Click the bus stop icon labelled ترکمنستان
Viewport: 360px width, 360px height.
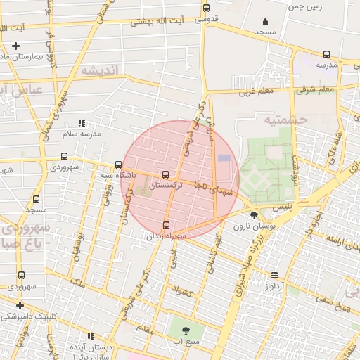tap(166, 174)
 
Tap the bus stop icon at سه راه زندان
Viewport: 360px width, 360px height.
tap(166, 225)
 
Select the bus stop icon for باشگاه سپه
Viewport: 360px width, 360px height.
tap(117, 165)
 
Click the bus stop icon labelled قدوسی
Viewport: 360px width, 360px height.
tap(206, 8)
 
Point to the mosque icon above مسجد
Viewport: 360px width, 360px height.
tap(265, 21)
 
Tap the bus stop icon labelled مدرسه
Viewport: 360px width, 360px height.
tap(326, 54)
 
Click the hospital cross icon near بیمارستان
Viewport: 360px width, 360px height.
tap(15, 46)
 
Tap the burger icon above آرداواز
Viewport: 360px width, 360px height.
tap(274, 276)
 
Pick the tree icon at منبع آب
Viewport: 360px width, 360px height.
tap(186, 330)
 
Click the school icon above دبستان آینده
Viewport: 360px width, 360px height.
tap(89, 336)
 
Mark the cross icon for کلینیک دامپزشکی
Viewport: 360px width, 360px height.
tap(20, 305)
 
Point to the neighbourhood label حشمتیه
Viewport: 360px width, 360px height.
tap(286, 120)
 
